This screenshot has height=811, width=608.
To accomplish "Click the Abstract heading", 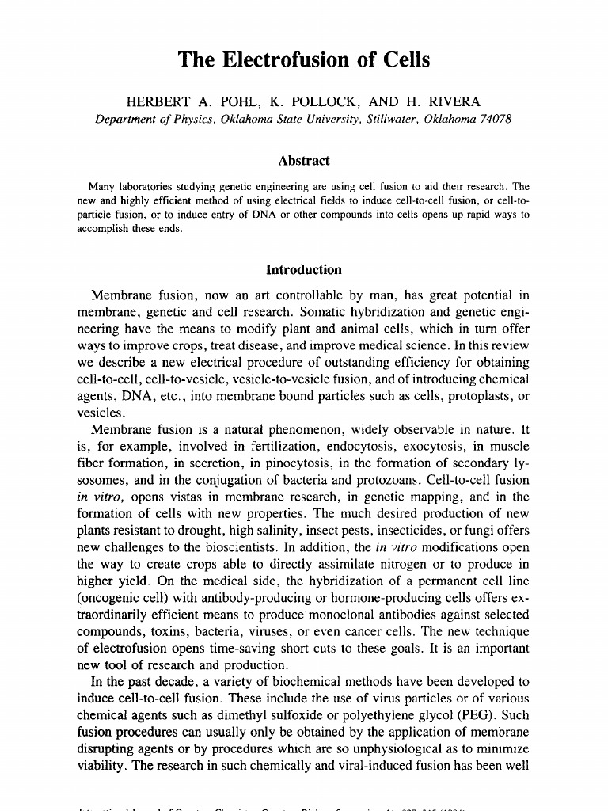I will [304, 161].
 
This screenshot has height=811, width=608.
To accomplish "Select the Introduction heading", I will [304, 270].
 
